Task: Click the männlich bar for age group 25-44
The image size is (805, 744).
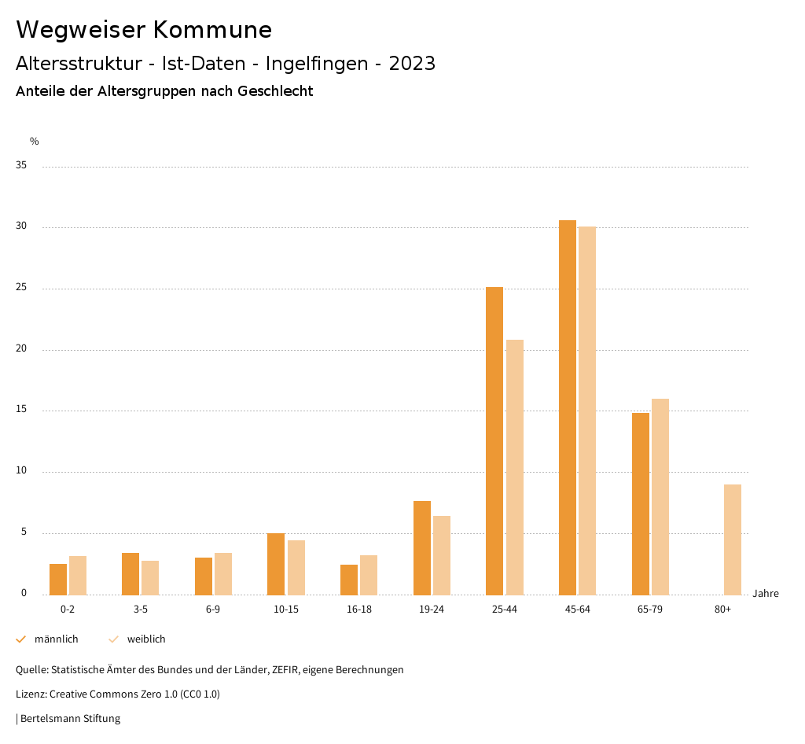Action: [494, 440]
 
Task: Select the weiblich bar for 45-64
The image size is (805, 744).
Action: [587, 411]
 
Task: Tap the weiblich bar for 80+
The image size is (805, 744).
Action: [733, 540]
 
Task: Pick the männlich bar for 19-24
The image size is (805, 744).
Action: [422, 547]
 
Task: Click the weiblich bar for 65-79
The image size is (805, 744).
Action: [660, 496]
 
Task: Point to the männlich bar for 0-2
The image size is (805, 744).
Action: [58, 579]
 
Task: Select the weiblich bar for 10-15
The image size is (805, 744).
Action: [296, 567]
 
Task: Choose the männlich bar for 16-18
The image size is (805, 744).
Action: [349, 580]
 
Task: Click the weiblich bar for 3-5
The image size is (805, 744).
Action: [150, 577]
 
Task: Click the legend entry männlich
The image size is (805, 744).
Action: [56, 639]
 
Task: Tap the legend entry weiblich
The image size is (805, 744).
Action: [146, 639]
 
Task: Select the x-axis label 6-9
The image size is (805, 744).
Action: [213, 610]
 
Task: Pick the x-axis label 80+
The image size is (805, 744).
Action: [722, 610]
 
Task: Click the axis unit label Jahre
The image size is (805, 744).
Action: [766, 594]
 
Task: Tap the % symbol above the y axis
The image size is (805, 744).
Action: [35, 142]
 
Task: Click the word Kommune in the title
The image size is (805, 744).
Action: [212, 30]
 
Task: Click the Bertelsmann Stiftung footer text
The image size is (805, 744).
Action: [70, 718]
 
